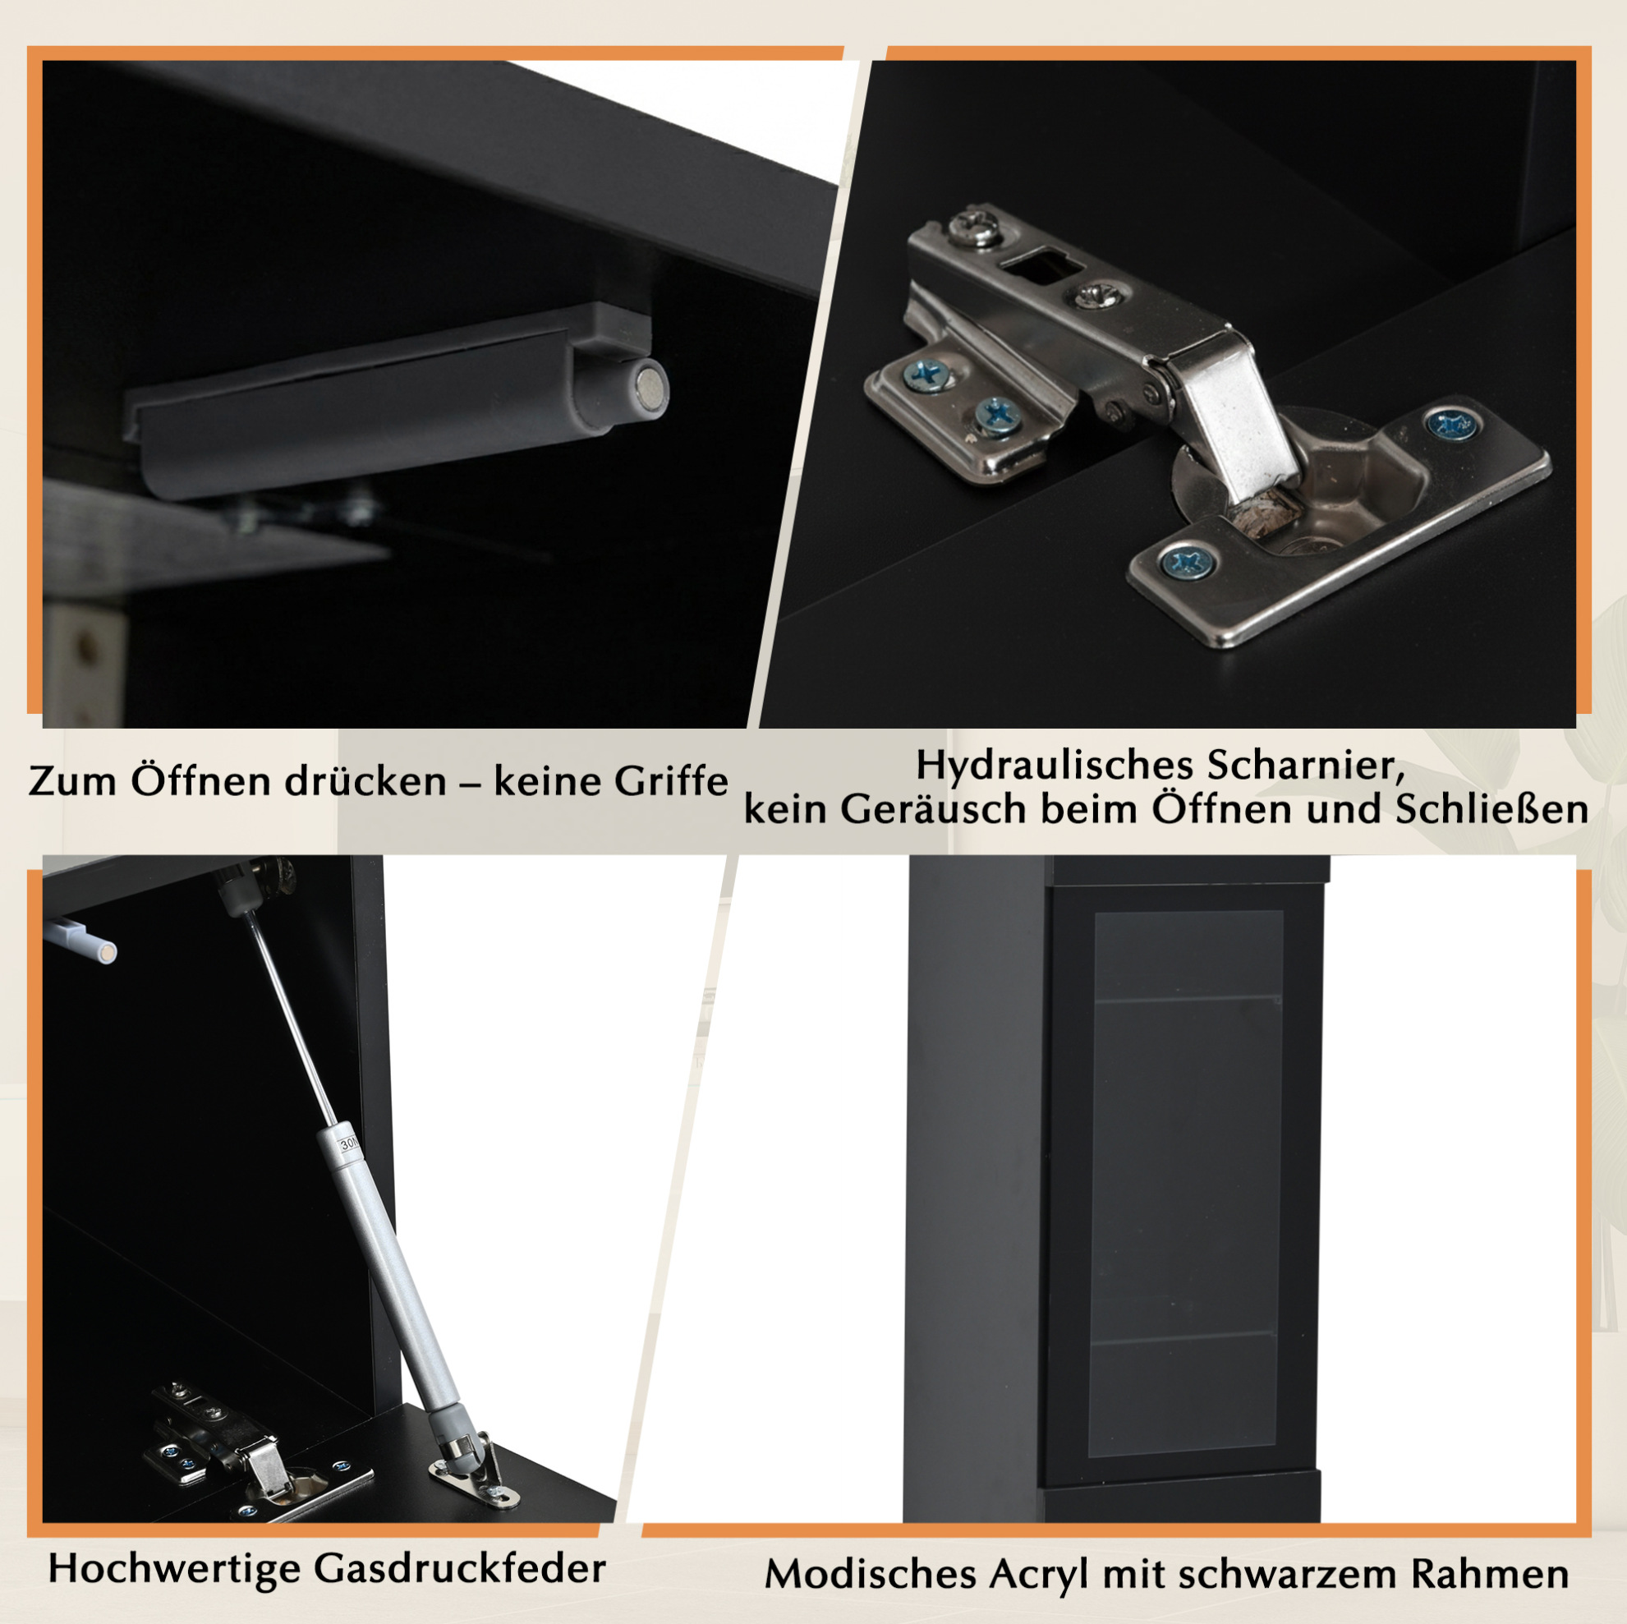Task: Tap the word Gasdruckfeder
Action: [460, 1568]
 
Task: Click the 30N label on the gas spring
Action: [348, 1144]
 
